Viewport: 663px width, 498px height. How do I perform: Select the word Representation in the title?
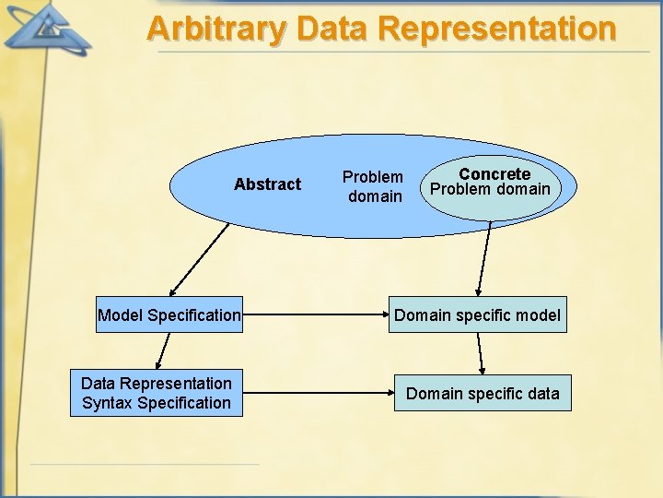(x=496, y=29)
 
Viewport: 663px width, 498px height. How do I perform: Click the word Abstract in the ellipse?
(x=267, y=184)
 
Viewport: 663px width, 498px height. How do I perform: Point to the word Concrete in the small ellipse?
(x=494, y=173)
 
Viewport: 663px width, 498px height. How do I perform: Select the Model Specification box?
(x=169, y=315)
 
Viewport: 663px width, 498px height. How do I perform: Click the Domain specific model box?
(x=477, y=315)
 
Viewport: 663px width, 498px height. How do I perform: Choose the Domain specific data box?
(x=483, y=394)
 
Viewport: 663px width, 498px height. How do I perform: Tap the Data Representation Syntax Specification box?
(x=157, y=394)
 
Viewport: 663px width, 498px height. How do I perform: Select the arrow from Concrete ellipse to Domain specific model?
(x=484, y=258)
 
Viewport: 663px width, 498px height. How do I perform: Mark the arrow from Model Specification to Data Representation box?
(x=163, y=351)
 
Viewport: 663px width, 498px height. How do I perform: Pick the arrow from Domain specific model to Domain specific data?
(x=480, y=353)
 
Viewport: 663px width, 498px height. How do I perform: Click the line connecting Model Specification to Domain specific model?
(x=313, y=315)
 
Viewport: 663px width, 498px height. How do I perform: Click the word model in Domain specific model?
(x=538, y=315)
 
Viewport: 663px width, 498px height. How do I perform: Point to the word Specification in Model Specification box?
(x=193, y=315)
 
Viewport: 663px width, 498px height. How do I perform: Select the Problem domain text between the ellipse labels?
(x=373, y=186)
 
